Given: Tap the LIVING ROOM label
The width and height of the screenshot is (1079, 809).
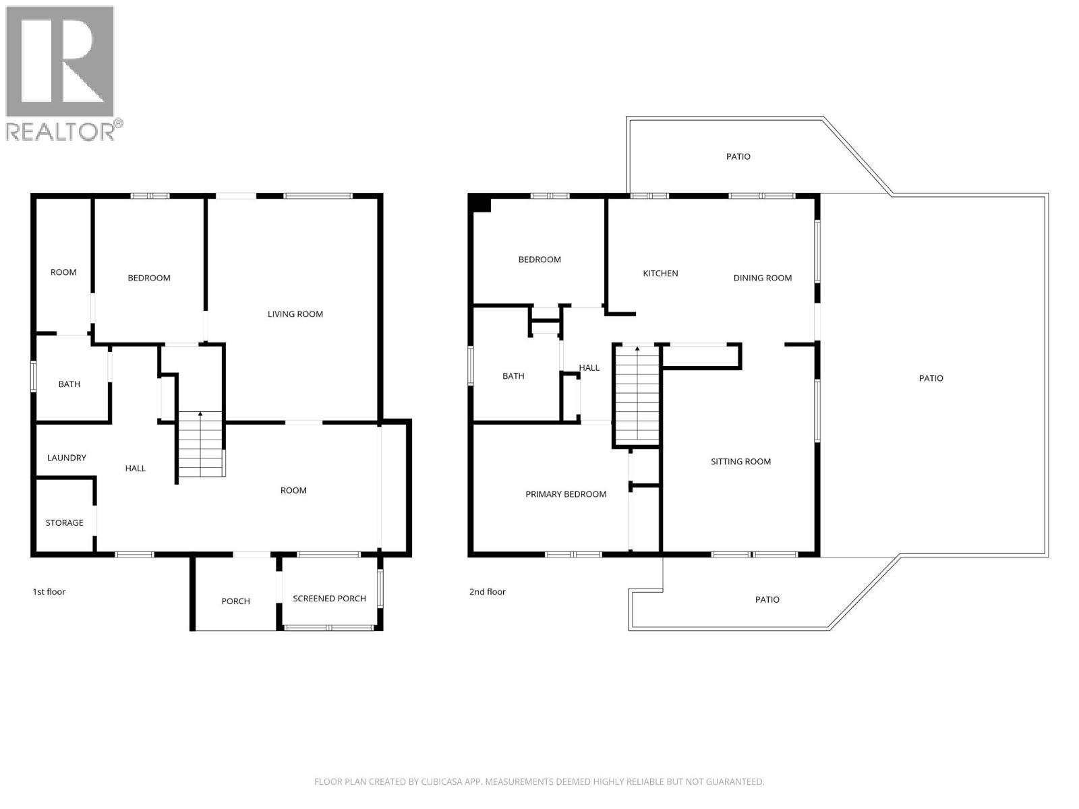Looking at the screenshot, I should [295, 314].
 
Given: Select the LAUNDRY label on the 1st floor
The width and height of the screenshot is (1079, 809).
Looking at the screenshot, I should [66, 458].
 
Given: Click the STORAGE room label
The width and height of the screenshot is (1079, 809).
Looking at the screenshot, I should [64, 522].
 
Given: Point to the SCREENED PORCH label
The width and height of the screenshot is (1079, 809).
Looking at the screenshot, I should [329, 599].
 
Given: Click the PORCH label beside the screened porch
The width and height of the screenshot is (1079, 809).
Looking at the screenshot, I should [235, 601].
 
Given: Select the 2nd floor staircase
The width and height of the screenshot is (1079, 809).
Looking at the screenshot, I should [637, 394].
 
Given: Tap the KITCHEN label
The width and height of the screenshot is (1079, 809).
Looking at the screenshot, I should [660, 274].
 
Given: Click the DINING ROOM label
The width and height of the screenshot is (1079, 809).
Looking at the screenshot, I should [762, 278].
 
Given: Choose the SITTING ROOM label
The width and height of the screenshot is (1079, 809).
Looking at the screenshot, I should [740, 462].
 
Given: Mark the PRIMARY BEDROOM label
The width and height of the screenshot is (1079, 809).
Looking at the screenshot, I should [566, 494].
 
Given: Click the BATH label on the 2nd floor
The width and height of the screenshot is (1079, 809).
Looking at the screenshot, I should [513, 376].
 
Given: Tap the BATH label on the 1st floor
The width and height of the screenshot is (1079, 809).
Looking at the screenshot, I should [69, 384].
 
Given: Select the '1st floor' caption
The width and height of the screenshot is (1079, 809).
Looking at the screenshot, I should [49, 592].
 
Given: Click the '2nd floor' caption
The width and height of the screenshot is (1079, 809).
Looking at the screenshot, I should [487, 592].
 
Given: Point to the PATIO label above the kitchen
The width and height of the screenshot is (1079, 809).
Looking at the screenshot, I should [738, 156].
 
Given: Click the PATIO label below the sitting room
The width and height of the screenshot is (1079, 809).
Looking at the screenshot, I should [767, 599].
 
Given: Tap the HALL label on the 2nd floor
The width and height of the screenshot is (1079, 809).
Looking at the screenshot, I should [589, 368].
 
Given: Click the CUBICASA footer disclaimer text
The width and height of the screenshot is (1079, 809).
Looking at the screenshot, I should [539, 782].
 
